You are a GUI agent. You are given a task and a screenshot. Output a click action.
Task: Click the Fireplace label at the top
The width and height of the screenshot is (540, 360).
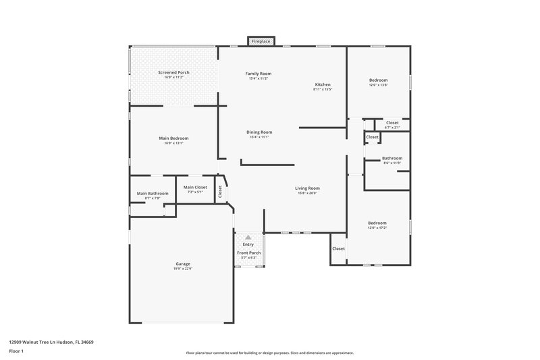pyautogui.click(x=261, y=42)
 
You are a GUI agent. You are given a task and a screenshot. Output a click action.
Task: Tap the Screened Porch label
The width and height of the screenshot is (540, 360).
pyautogui.click(x=173, y=72)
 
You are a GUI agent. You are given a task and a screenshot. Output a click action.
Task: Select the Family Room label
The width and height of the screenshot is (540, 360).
pyautogui.click(x=258, y=73)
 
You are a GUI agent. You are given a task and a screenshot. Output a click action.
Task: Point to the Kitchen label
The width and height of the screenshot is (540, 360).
pyautogui.click(x=323, y=84)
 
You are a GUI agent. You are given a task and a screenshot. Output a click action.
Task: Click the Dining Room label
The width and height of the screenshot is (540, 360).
pyautogui.click(x=259, y=132)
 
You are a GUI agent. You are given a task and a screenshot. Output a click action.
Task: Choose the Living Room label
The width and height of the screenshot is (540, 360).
pyautogui.click(x=307, y=188)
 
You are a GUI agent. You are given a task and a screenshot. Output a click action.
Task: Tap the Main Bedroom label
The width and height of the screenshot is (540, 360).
pyautogui.click(x=173, y=138)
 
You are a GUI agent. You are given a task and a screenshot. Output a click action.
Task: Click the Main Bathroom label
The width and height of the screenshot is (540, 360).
pyautogui.click(x=153, y=193)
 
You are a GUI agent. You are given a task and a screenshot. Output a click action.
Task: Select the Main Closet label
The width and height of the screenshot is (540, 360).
pyautogui.click(x=195, y=187)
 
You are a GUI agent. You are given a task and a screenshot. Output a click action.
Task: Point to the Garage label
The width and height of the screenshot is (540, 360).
pyautogui.click(x=183, y=263)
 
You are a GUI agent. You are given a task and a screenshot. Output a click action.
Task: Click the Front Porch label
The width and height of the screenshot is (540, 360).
pyautogui.click(x=248, y=253)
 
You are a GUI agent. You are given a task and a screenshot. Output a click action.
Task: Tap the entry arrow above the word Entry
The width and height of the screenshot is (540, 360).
pyautogui.click(x=248, y=238)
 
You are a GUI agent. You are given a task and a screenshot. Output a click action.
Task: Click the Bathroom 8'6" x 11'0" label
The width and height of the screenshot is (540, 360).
pyautogui.click(x=392, y=158)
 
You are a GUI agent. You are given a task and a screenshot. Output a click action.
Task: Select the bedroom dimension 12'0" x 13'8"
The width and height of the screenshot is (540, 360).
pyautogui.click(x=378, y=85)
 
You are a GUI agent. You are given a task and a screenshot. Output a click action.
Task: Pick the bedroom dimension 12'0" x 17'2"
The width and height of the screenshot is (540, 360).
pyautogui.click(x=377, y=228)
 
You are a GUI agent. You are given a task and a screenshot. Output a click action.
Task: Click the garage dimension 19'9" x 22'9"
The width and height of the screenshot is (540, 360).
pyautogui.click(x=183, y=269)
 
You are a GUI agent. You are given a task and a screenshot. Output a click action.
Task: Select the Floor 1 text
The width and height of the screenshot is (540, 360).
pyautogui.click(x=16, y=352)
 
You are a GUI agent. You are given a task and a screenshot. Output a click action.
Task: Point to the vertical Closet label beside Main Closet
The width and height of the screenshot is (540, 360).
pyautogui.click(x=220, y=192)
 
